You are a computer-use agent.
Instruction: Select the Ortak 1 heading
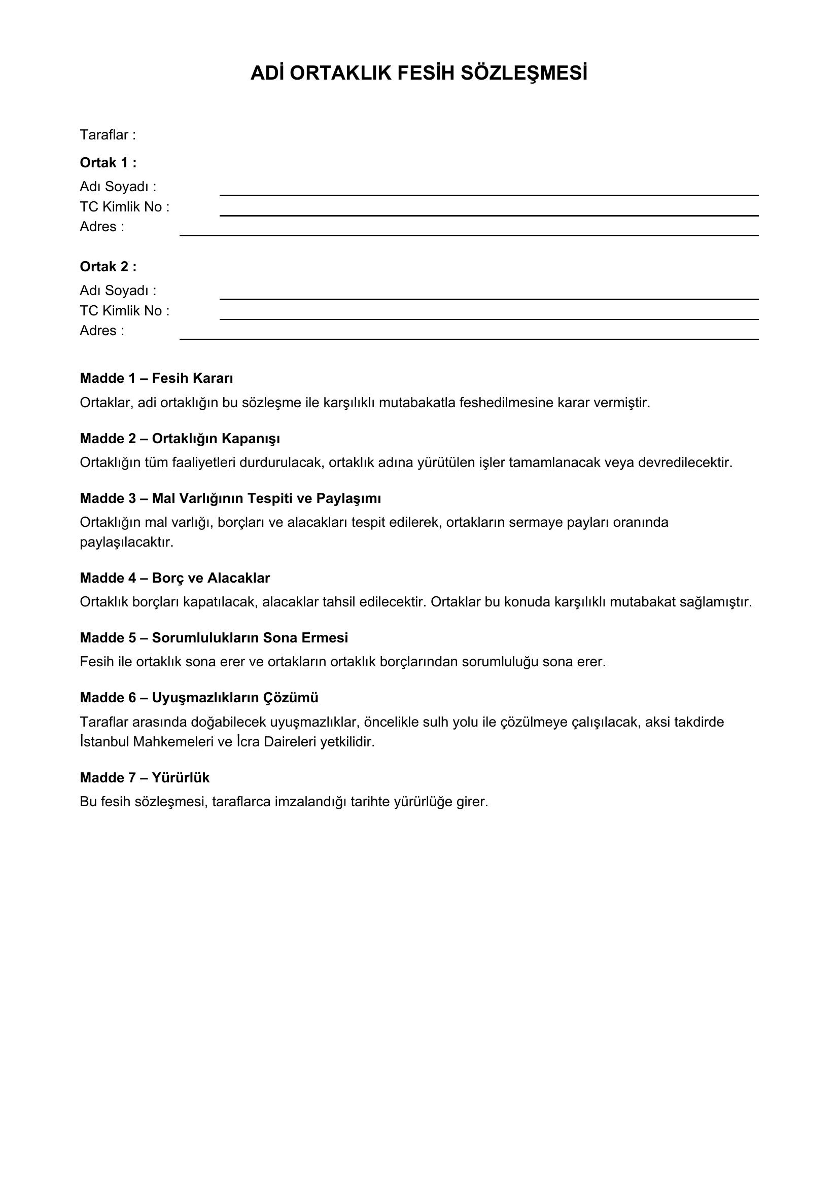(108, 163)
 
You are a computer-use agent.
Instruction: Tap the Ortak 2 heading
(108, 267)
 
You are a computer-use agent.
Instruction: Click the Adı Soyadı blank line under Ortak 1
(488, 194)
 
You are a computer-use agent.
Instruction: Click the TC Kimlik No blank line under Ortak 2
(488, 318)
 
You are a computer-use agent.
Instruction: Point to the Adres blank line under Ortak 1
(469, 235)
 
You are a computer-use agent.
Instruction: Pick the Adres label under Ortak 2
(102, 331)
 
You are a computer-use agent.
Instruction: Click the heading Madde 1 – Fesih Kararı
(157, 379)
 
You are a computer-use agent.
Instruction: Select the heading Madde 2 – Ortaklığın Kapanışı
(180, 439)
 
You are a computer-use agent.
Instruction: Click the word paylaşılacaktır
(127, 543)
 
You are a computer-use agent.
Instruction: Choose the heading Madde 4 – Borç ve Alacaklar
(174, 578)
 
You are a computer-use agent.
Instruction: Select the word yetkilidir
(347, 742)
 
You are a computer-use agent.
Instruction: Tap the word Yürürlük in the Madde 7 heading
(181, 778)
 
